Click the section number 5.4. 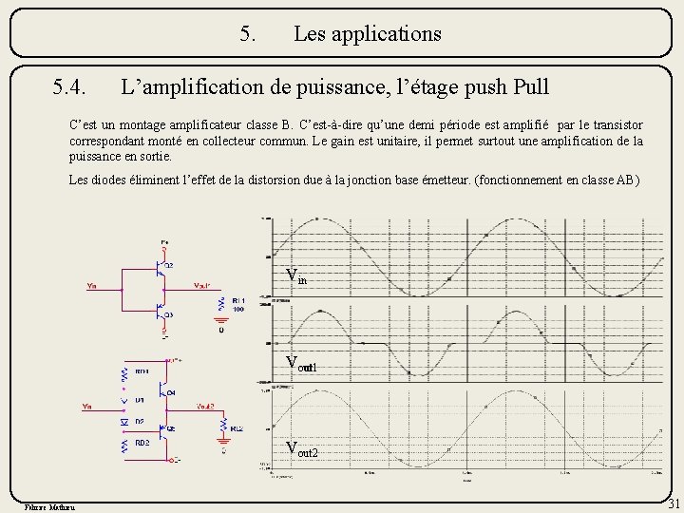72,88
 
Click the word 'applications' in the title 368,34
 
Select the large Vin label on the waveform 296,276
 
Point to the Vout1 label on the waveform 301,364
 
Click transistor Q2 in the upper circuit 161,267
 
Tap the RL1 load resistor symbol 221,305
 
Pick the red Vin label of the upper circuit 92,285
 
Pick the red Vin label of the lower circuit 86,407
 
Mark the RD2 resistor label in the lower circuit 142,442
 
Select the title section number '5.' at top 248,34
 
